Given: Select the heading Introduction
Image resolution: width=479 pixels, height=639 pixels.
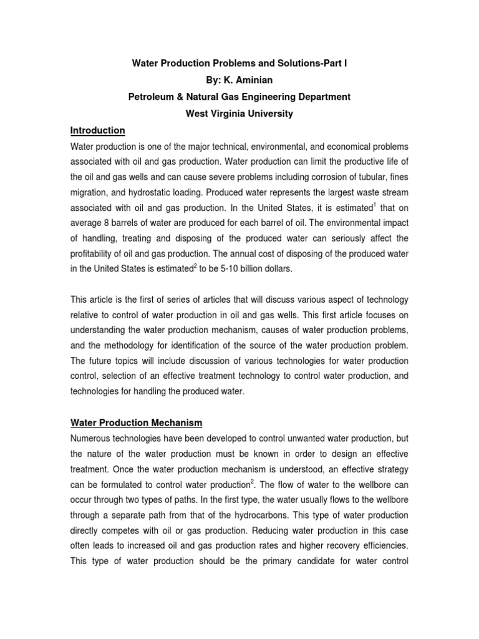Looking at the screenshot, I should (x=97, y=130).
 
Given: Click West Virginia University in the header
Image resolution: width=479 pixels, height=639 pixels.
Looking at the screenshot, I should (x=239, y=114).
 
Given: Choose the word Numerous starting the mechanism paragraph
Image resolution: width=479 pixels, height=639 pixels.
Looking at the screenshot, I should (x=93, y=439).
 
